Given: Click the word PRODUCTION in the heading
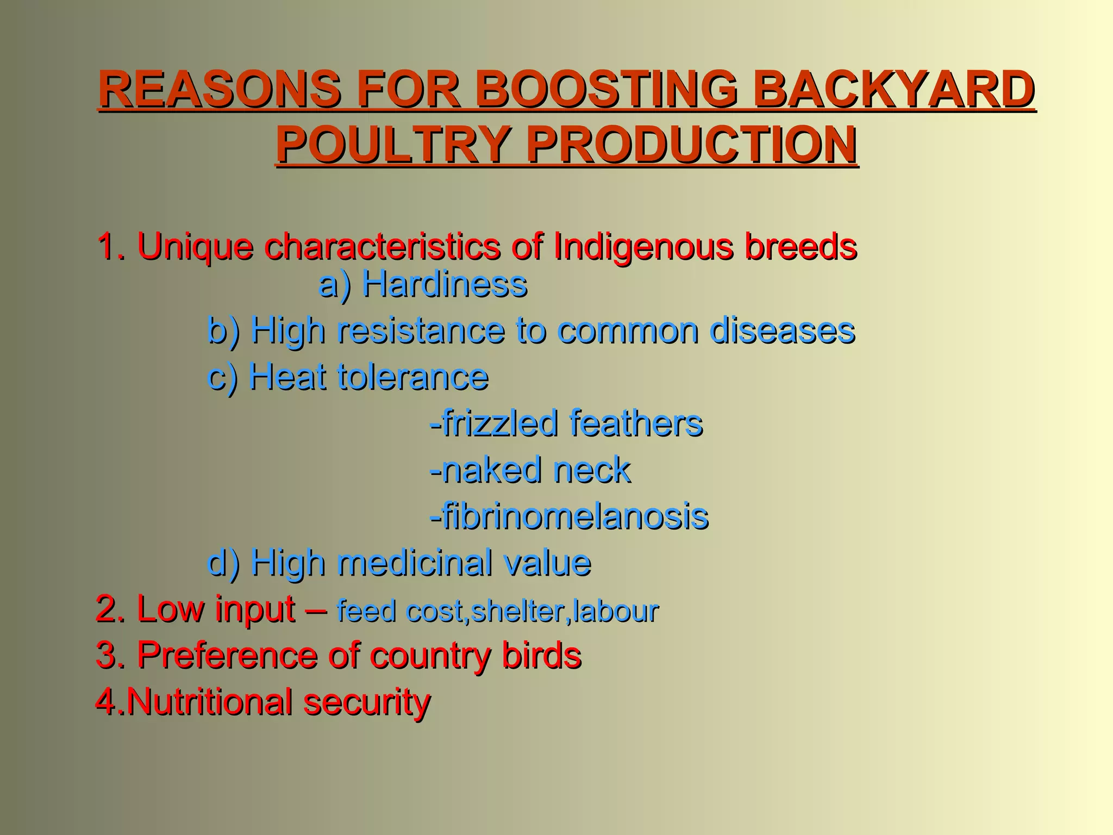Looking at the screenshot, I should click(x=691, y=145).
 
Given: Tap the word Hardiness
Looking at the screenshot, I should click(x=444, y=284).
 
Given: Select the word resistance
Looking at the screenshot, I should click(x=420, y=331).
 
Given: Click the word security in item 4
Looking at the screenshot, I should click(x=367, y=702).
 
